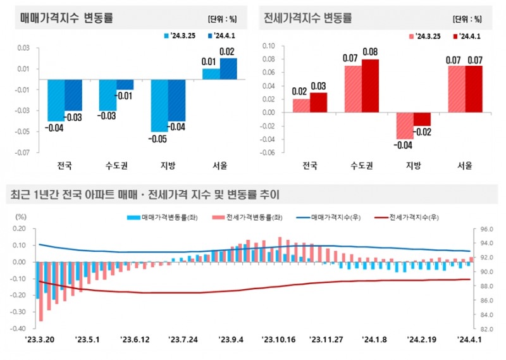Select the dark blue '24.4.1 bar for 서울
[228, 69]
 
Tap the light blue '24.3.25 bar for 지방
[159, 105]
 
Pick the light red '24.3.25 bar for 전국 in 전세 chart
[301, 106]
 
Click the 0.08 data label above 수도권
[370, 52]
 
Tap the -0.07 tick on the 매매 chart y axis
[22, 152]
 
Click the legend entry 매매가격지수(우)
[331, 217]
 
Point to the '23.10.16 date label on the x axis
[279, 340]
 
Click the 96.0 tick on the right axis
[483, 229]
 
